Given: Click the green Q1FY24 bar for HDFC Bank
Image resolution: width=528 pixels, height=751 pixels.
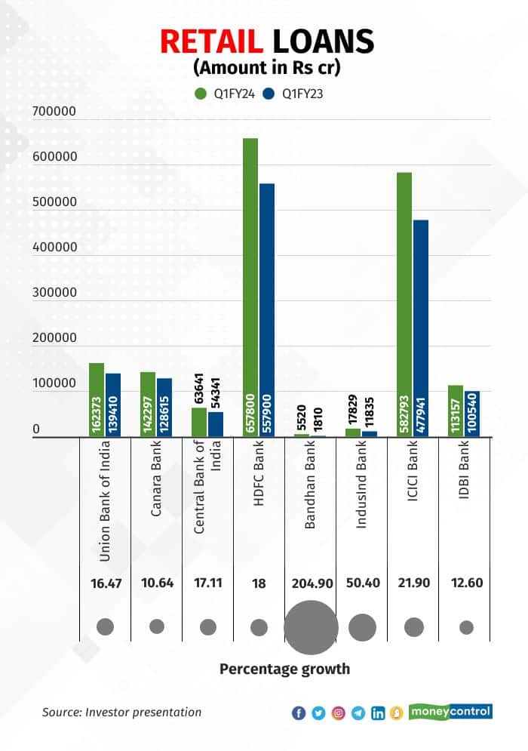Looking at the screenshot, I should pos(250,287).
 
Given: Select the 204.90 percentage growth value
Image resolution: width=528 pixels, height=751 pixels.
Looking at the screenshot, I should pos(310,583).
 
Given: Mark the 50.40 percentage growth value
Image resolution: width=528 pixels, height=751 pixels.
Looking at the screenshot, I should pos(362,583).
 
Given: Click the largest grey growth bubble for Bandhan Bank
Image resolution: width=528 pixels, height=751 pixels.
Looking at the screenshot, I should pos(310,626).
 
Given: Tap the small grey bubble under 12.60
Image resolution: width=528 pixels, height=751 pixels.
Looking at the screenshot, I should pos(466,627).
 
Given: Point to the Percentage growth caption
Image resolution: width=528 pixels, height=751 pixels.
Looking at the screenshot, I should pos(284,669).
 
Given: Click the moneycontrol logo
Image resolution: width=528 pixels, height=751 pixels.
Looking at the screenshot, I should pos(450,711).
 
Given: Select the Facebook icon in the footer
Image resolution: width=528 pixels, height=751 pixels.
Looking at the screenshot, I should pos(299,713).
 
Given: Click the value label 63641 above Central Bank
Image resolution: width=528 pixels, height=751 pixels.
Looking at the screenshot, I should pos(199,389).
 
